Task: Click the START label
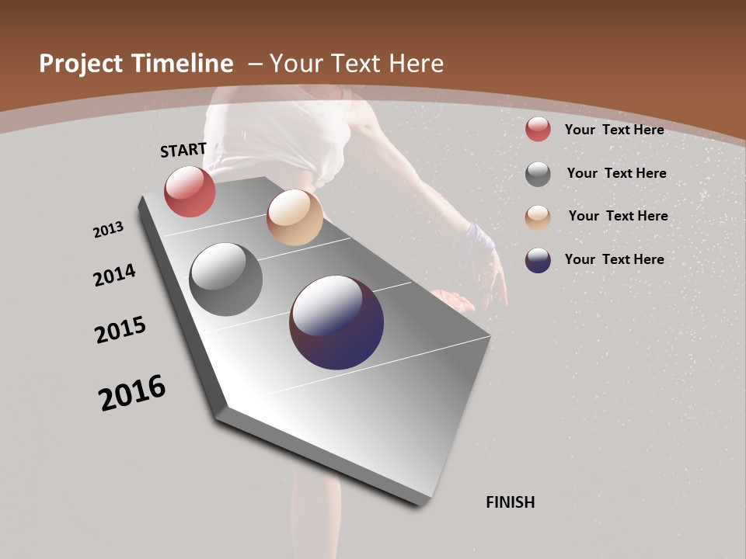pos(183,150)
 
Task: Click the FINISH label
pos(511,502)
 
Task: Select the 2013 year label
pos(108,230)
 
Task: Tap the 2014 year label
pos(115,275)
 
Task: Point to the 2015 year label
pos(120,329)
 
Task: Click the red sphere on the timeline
pos(190,191)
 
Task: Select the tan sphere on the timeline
pos(295,217)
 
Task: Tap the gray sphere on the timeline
pos(226,279)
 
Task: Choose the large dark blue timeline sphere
pos(336,322)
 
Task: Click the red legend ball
pos(538,129)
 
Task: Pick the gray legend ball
pos(538,174)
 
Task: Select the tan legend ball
pos(538,217)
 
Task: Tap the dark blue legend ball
pos(538,260)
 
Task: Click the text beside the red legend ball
pos(615,130)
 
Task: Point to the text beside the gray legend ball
pos(617,173)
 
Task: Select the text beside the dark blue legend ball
pos(615,259)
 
